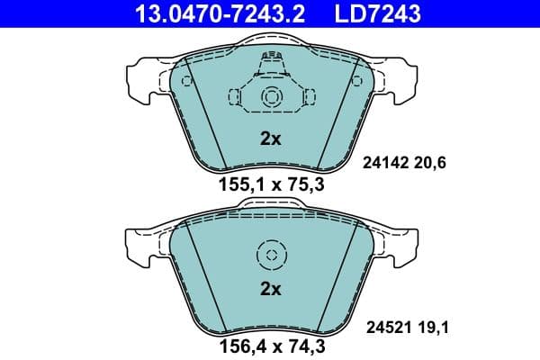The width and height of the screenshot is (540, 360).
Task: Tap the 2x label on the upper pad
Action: [271, 139]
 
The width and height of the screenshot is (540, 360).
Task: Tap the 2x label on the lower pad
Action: [271, 289]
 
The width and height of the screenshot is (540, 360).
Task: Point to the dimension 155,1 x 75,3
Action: [271, 186]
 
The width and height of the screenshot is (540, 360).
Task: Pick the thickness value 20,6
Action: [429, 163]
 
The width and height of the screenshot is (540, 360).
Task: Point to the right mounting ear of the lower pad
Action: [400, 241]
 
